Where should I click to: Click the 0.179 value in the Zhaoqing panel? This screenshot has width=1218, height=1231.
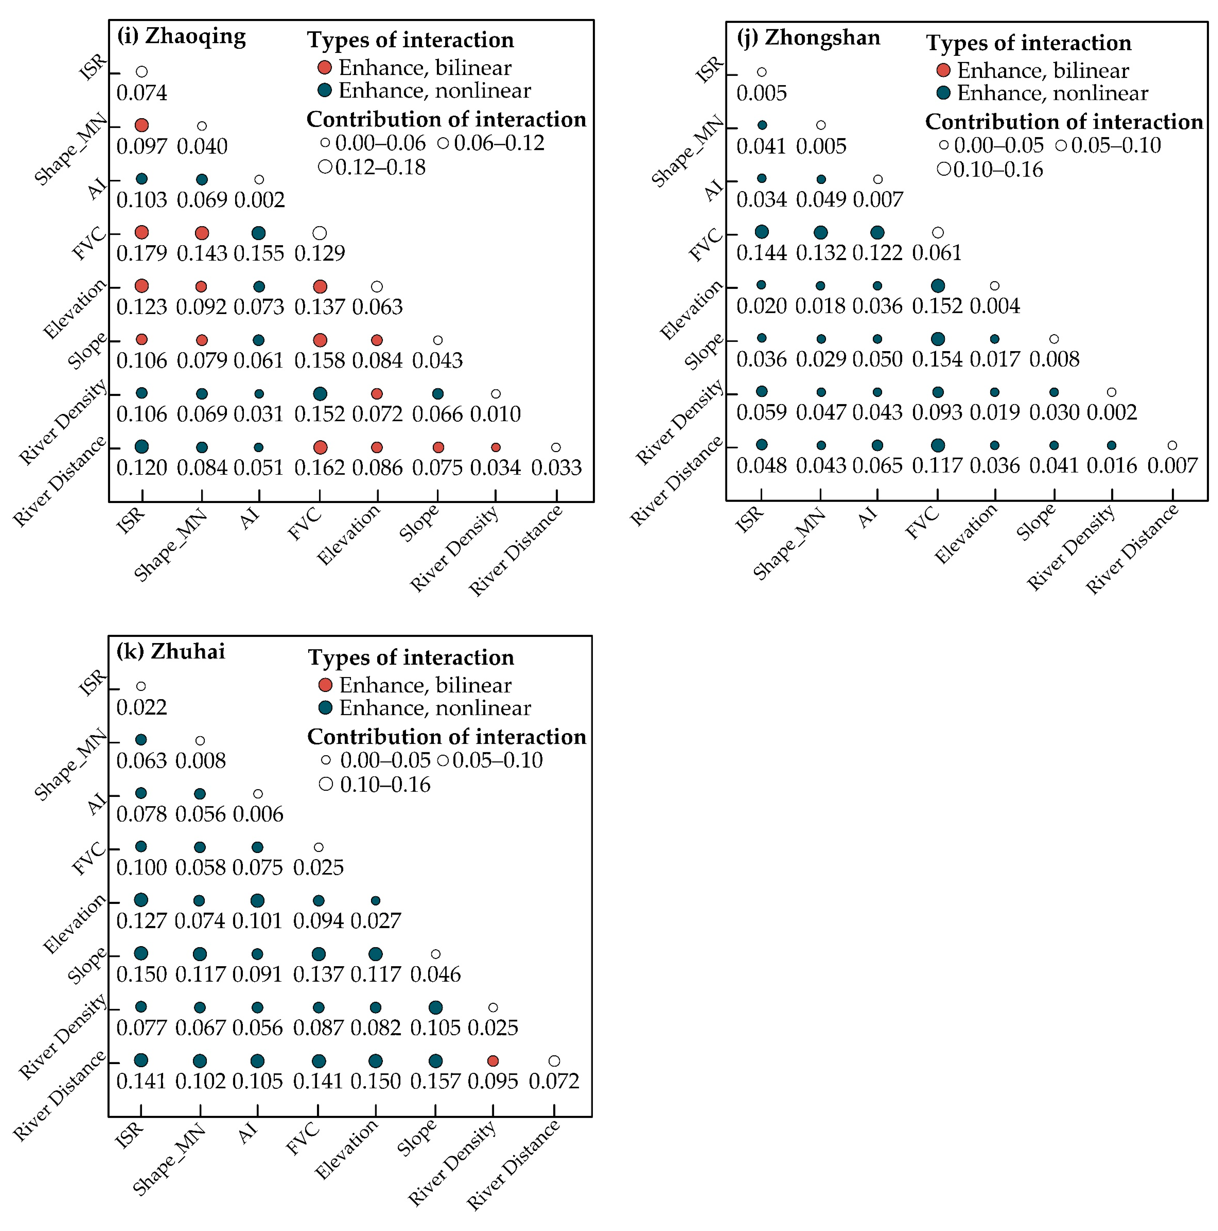[141, 253]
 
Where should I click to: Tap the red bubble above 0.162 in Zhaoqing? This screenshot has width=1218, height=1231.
[320, 447]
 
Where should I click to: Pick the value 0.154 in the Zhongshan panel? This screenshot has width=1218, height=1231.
[937, 359]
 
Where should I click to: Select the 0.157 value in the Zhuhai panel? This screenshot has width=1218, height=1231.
[435, 1081]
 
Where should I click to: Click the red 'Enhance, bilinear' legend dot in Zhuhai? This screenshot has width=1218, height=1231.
[325, 685]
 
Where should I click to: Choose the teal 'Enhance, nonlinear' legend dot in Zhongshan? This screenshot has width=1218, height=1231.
[943, 93]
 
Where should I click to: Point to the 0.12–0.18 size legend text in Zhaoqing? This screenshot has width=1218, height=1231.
[380, 167]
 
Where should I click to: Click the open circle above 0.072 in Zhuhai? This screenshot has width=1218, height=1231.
[554, 1061]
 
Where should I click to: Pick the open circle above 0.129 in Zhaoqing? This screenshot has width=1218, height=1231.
[320, 233]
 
